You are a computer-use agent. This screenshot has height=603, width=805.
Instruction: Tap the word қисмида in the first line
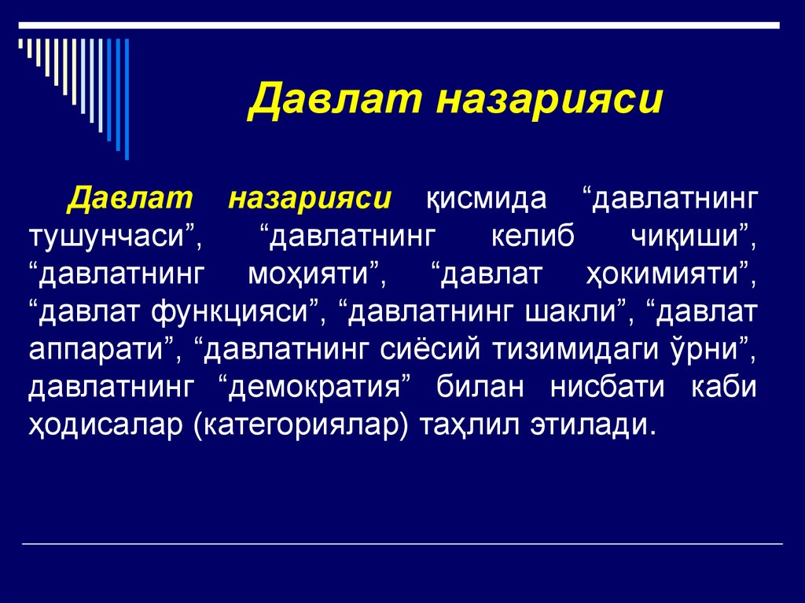click(485, 198)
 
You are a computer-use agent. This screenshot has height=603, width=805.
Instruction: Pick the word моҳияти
click(312, 274)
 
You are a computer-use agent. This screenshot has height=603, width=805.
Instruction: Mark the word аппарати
click(101, 350)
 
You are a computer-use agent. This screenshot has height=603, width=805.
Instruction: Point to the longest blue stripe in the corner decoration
click(127, 98)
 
